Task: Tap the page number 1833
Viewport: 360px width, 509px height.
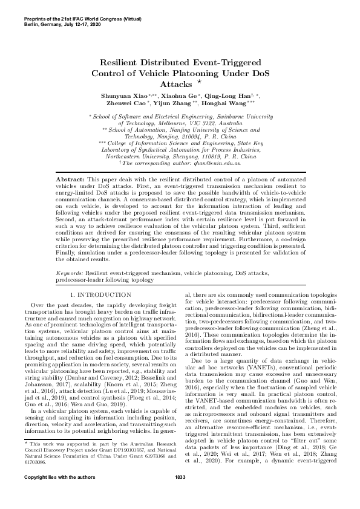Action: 180,494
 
